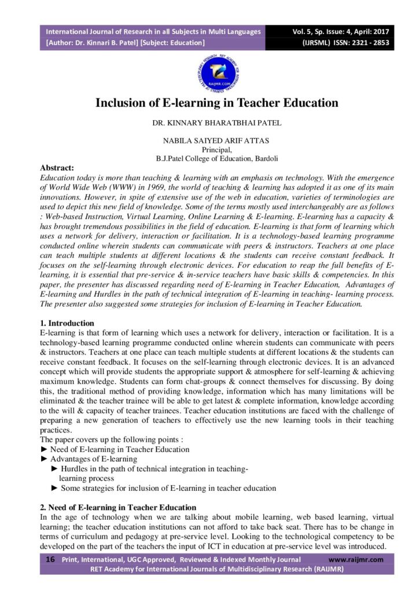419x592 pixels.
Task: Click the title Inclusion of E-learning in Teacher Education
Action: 216,103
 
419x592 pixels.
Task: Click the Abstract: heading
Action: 57,168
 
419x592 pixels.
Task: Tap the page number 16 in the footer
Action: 50,559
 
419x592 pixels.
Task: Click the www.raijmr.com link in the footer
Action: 355,560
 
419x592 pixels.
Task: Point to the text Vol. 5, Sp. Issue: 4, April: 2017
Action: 340,31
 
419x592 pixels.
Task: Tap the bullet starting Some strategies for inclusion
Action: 168,488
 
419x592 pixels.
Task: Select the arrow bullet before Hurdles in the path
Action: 55,469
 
